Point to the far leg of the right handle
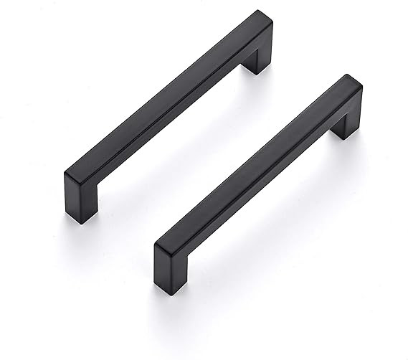pyautogui.click(x=346, y=122)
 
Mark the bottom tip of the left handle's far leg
pyautogui.click(x=256, y=72)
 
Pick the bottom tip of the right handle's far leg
pyautogui.click(x=346, y=136)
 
